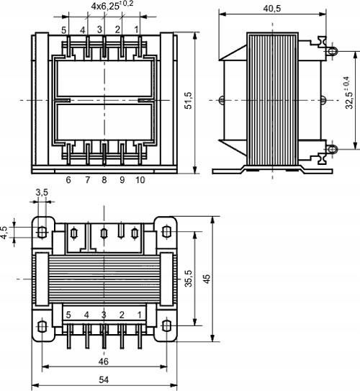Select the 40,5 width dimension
click(x=271, y=8)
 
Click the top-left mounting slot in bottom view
click(x=42, y=233)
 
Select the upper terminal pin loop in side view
click(x=332, y=50)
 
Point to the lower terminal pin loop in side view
click(x=332, y=150)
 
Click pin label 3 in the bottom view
click(x=104, y=315)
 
